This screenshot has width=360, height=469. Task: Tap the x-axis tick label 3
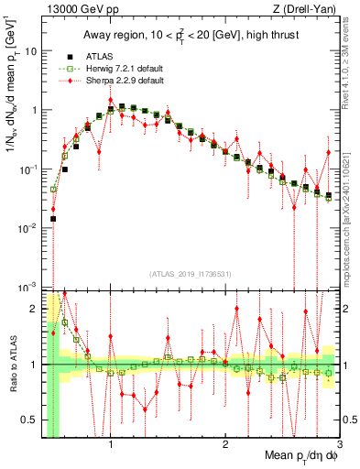coord(339,445)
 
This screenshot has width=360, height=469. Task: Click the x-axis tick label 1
coord(111,445)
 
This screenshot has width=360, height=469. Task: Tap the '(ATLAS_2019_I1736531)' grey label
coord(190,274)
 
